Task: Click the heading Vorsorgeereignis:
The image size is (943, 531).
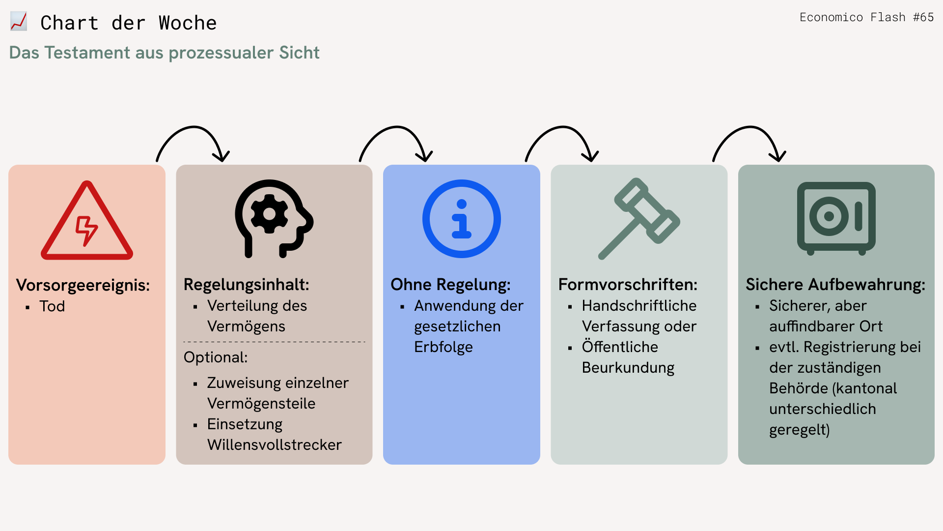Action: pos(83,285)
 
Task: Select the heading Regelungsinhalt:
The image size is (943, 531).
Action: pos(247,285)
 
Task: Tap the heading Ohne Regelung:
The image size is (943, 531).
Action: pos(450,285)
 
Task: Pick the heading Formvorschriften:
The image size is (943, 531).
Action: pos(628,285)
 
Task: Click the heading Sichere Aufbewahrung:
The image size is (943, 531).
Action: pos(835,285)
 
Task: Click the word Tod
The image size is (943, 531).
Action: pos(52,306)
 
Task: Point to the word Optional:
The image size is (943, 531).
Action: pos(216,357)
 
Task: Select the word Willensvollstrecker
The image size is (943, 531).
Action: pos(275,445)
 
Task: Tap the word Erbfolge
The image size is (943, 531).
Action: pos(444,347)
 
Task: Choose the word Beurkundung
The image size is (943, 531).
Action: pos(628,368)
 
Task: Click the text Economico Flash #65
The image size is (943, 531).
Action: pos(867,17)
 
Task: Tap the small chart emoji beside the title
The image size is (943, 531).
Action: pos(19,22)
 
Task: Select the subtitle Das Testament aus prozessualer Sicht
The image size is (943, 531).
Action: pos(165,53)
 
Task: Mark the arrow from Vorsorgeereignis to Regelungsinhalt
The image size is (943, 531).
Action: pos(193,127)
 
